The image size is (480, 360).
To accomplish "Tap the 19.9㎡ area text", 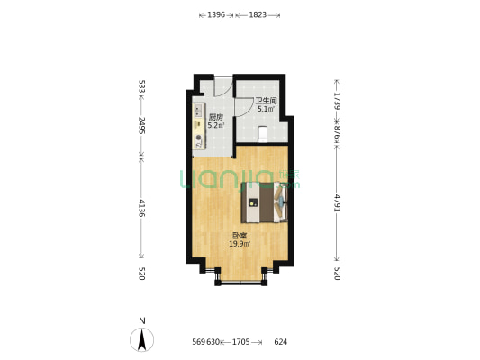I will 239,243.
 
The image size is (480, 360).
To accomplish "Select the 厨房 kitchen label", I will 215,118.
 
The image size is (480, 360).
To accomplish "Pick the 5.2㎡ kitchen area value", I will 215,126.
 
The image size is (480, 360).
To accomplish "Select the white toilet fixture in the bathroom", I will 261,135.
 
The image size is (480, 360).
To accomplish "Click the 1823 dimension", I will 257,15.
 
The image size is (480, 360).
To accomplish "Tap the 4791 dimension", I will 337,202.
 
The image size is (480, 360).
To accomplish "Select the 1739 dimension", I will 337,102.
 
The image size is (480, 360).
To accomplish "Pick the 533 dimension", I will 142,87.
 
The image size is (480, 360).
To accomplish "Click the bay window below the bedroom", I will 240,277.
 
